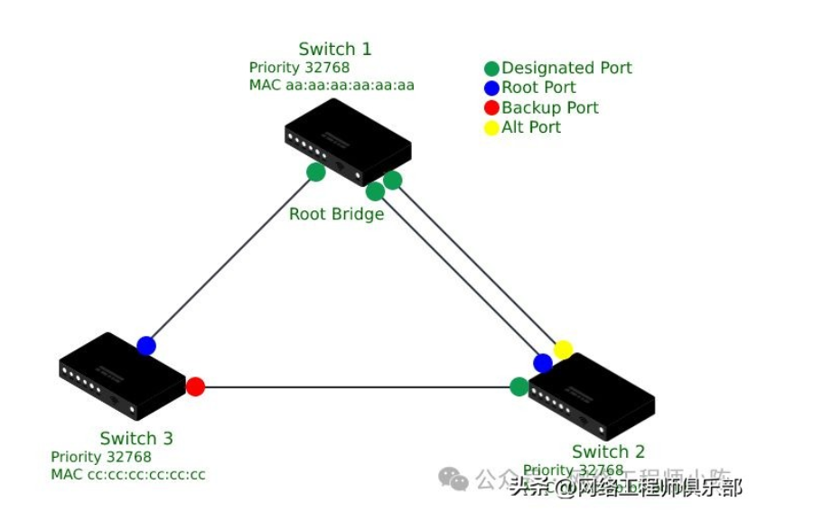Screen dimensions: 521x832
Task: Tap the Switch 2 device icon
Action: [x=591, y=397]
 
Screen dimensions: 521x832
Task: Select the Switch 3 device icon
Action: [x=122, y=376]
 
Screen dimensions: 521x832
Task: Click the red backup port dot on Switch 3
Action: [x=195, y=387]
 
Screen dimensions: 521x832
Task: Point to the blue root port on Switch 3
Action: [x=146, y=346]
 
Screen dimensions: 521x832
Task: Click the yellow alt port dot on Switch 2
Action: [x=563, y=349]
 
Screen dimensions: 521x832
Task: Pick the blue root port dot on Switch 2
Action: [x=543, y=363]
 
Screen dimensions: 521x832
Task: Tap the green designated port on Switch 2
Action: [x=519, y=386]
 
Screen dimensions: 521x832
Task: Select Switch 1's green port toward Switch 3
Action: [x=316, y=172]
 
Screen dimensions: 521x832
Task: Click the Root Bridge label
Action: [x=336, y=214]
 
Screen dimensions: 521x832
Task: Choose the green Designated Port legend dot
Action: [x=491, y=69]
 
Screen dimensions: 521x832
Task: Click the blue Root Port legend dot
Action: [x=491, y=88]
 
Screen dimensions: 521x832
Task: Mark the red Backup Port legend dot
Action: [x=491, y=108]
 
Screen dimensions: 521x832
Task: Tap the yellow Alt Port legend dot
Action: [x=491, y=128]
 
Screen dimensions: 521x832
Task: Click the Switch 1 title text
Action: [x=335, y=49]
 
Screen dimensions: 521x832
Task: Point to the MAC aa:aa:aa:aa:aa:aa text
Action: [x=332, y=86]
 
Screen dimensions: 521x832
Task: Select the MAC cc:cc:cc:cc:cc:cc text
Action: [x=128, y=475]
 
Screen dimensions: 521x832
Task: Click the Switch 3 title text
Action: [x=136, y=439]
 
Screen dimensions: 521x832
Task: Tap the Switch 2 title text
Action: [x=609, y=451]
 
